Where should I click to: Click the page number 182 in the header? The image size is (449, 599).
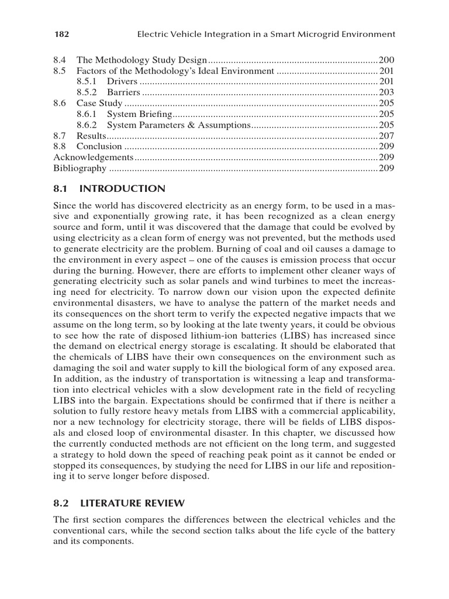pyautogui.click(x=61, y=35)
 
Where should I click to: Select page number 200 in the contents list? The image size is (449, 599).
pyautogui.click(x=387, y=60)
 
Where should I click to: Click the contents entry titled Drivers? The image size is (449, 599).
pyautogui.click(x=122, y=81)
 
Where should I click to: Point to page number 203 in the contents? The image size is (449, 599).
pyautogui.click(x=387, y=92)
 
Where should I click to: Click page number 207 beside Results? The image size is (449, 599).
pyautogui.click(x=387, y=136)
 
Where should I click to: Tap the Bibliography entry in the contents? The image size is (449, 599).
pyautogui.click(x=80, y=168)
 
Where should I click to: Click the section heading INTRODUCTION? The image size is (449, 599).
pyautogui.click(x=122, y=188)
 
